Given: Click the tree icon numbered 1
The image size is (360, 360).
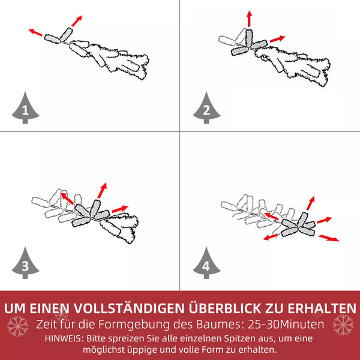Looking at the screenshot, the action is click(x=25, y=108).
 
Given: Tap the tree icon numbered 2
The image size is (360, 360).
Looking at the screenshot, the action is click(x=206, y=108).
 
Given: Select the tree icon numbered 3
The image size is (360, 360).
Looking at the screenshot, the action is click(x=25, y=263).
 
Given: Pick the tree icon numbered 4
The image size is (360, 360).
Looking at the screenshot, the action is click(x=206, y=263).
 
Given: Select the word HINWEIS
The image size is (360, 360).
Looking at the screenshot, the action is click(x=63, y=338).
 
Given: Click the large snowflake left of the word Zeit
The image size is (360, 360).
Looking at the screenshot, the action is click(x=17, y=326).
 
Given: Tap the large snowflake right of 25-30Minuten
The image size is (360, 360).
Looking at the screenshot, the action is click(x=343, y=325).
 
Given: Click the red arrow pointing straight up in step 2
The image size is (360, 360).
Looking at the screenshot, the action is click(x=250, y=19).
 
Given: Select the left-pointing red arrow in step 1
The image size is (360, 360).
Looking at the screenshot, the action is click(x=35, y=32).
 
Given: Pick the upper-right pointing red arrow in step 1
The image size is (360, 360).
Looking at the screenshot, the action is click(x=77, y=21).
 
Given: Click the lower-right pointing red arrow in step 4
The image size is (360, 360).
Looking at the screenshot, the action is click(x=329, y=238).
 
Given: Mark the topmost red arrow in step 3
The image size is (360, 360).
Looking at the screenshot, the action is click(x=102, y=190).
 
